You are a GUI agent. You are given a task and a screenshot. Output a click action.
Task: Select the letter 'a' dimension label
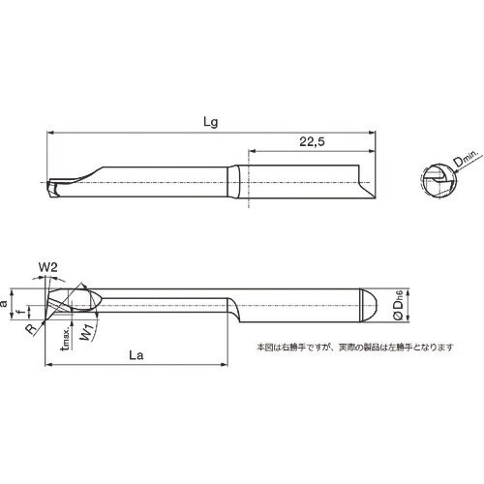coord(7,301)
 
